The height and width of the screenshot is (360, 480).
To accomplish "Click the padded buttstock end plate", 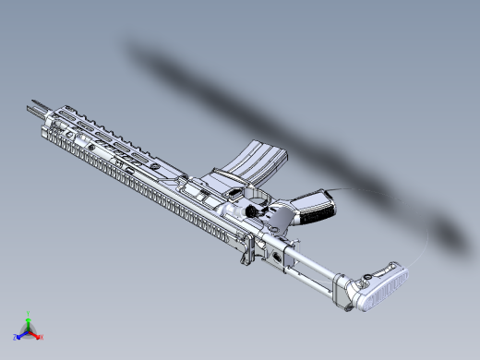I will [x=384, y=287].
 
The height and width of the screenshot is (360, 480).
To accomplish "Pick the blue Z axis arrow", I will [x=20, y=335].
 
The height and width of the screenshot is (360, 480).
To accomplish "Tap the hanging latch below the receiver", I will [x=246, y=251].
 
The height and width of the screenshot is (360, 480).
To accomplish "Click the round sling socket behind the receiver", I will [x=276, y=252].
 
